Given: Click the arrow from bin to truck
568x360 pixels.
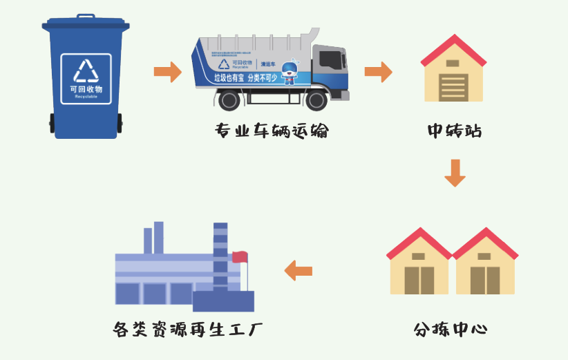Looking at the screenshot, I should point(167,71).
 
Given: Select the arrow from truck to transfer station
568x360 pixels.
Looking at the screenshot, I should point(378,71).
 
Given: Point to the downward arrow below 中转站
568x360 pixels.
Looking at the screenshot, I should point(455,173).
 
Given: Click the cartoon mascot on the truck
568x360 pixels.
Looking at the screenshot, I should point(289,73).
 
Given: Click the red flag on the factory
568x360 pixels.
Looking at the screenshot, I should point(239,257).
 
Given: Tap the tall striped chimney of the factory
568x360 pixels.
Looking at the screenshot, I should point(220,256).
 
